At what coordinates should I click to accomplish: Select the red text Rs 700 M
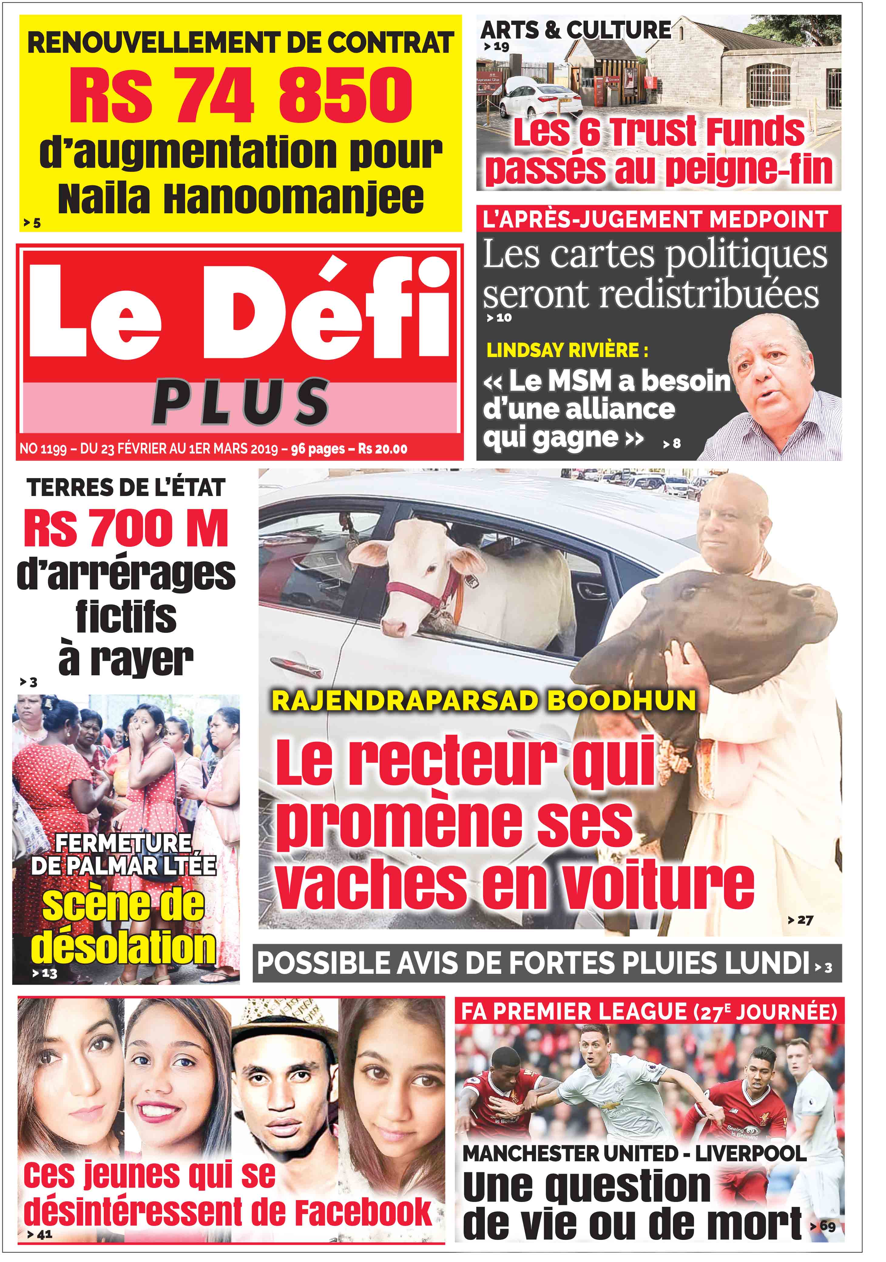pos(126,529)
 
